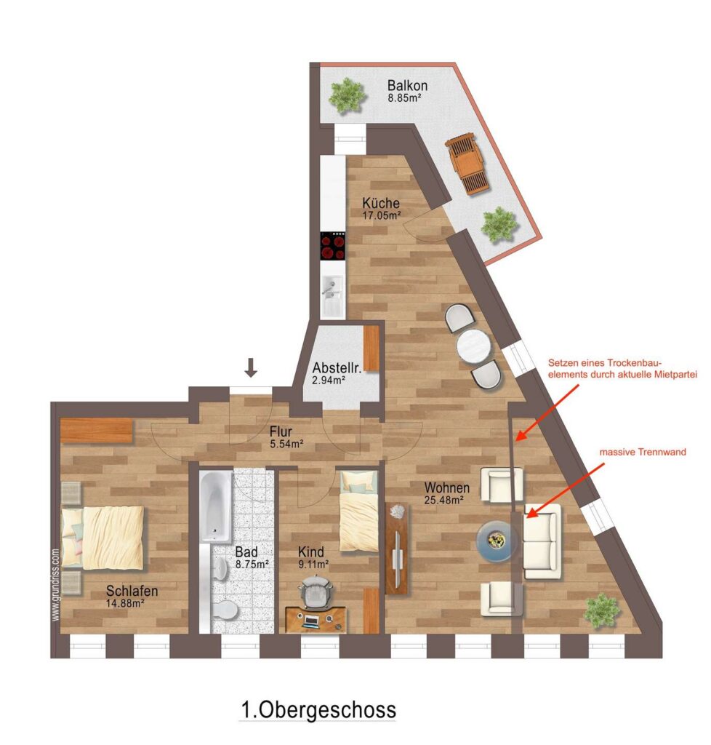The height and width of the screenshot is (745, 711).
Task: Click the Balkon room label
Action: (x=407, y=86)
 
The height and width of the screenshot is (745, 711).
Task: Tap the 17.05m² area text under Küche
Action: (x=382, y=215)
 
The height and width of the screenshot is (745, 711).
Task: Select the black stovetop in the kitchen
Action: (x=332, y=246)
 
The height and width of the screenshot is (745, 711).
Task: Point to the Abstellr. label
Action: (x=337, y=367)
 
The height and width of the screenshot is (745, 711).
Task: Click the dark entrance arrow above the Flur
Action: (x=251, y=367)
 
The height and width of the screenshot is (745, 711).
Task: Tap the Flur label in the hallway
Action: (x=281, y=432)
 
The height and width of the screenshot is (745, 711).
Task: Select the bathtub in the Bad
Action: (x=216, y=506)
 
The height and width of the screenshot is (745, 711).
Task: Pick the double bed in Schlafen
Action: (x=103, y=538)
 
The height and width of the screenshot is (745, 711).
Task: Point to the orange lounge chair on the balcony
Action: (x=467, y=164)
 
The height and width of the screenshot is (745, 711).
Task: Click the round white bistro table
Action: (x=474, y=346)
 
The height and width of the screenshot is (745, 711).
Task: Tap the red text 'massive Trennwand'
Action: (x=643, y=453)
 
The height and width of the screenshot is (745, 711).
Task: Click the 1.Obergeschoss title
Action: (x=318, y=710)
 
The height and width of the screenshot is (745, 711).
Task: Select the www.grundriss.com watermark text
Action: (x=56, y=585)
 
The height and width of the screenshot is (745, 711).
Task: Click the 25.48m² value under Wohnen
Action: (x=443, y=500)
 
